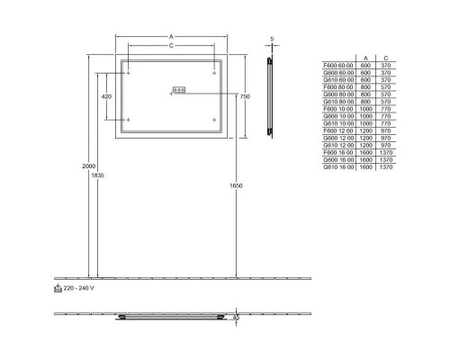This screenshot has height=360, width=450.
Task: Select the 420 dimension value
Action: point(106,95)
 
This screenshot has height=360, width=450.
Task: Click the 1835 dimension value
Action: point(97,175)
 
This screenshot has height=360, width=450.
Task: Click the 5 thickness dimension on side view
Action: point(273,39)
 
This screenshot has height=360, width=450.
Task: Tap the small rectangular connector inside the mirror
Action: point(176,89)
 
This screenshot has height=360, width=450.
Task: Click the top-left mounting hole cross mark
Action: point(128,72)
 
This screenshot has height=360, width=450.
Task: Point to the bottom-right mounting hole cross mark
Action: point(213,119)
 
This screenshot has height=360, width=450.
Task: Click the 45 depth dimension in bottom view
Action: point(236,317)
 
